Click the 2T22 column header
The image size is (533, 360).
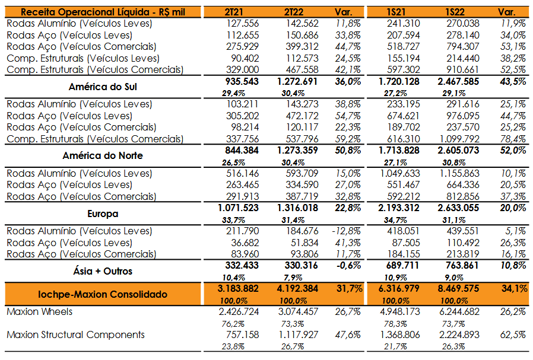click(293, 12)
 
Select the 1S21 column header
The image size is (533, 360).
click(396, 12)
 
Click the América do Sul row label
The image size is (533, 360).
click(103, 87)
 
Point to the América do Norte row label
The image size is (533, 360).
click(103, 156)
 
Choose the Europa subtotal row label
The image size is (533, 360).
click(103, 214)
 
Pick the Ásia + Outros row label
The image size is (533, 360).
click(103, 272)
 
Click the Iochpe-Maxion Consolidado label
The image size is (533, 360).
click(103, 294)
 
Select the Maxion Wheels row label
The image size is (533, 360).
click(39, 312)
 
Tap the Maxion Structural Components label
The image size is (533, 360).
click(76, 335)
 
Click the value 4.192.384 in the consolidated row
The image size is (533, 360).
click(297, 289)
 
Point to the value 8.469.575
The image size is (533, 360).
click(458, 289)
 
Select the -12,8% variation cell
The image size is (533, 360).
click(346, 231)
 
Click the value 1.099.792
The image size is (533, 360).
click(459, 139)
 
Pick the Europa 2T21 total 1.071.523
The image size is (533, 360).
click(238, 208)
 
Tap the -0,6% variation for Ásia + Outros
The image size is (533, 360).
click(348, 266)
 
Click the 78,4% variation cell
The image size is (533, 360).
click(513, 139)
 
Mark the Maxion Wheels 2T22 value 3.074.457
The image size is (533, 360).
click(299, 312)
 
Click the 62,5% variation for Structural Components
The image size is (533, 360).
click(513, 335)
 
